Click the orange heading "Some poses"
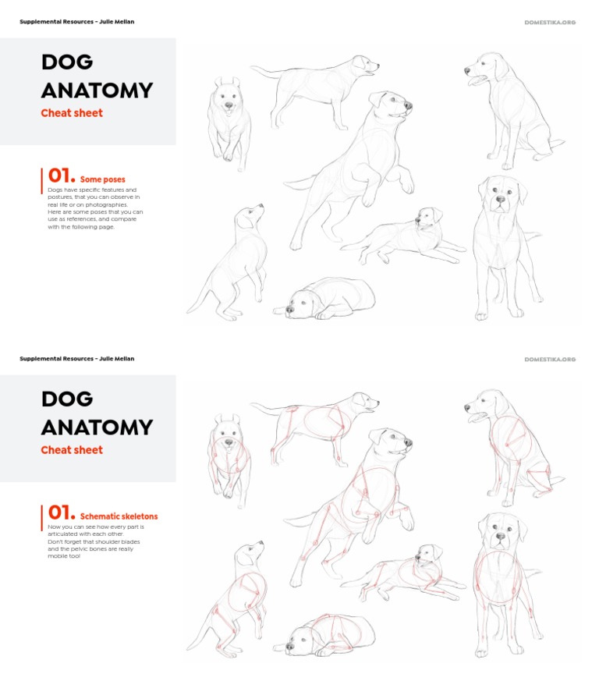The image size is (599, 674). coord(102,179)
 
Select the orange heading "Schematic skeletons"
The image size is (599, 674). coord(119,516)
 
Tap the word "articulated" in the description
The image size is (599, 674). coord(62,534)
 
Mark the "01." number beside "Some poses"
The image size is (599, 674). coord(61,176)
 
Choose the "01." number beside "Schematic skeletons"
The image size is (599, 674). coord(61,513)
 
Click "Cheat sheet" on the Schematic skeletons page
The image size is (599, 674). coord(72,450)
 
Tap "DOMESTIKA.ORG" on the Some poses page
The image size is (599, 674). coord(550,22)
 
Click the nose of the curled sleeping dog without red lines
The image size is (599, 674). coord(289,310)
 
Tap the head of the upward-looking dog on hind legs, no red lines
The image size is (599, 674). coord(250,216)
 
